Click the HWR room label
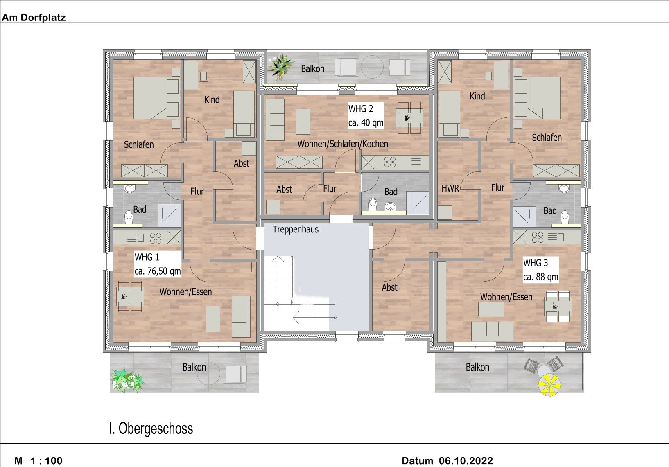point(450,188)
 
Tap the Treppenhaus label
point(295,229)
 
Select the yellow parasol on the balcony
point(549,385)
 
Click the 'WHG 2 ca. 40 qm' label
point(366,115)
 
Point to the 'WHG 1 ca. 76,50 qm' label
point(157,264)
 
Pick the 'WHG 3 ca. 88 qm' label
point(540,270)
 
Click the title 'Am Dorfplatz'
point(34,17)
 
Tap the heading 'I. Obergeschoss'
point(151,428)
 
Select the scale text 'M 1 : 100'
point(38,461)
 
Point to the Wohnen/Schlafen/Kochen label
point(343,144)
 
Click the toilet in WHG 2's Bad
point(373,204)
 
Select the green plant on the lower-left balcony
point(127,379)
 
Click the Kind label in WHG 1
point(212,99)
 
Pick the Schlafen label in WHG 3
point(547,138)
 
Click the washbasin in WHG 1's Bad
point(130,188)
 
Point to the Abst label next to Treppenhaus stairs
point(389,287)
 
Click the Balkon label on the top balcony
point(312,69)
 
